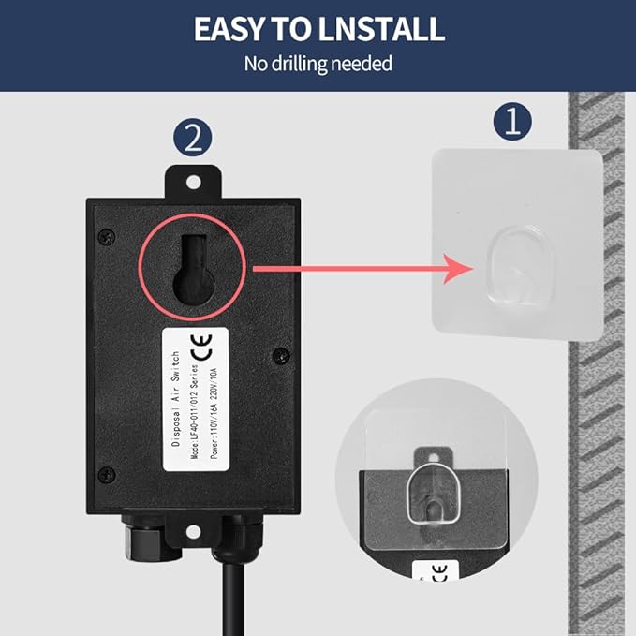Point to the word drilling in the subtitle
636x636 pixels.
click(x=308, y=65)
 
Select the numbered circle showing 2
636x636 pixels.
click(x=193, y=138)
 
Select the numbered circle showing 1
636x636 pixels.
click(x=511, y=122)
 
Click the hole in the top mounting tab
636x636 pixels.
click(x=194, y=178)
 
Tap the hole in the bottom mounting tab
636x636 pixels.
click(x=193, y=531)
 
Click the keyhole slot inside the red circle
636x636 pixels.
click(x=193, y=272)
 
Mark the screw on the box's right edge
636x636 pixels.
click(x=278, y=354)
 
